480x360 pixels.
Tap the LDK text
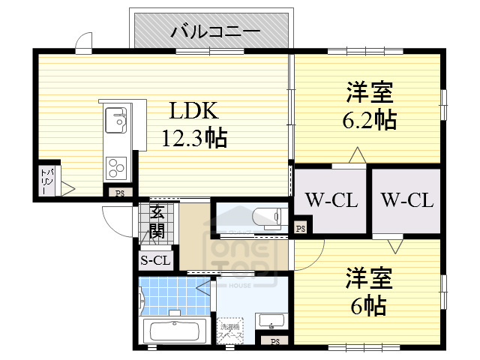[x=193, y=112]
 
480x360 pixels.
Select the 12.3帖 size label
[x=194, y=138]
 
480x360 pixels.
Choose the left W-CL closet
[x=330, y=200]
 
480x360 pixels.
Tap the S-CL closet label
[x=156, y=260]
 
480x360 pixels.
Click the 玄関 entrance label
[x=157, y=221]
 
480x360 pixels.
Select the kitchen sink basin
[x=116, y=118]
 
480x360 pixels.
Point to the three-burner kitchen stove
[x=117, y=163]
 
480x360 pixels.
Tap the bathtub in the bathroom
[x=174, y=331]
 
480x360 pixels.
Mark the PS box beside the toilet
[x=300, y=228]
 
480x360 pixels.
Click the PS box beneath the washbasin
[x=274, y=342]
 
